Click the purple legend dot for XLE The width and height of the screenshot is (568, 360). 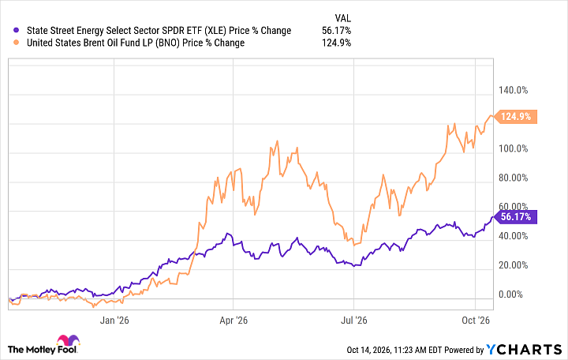pyautogui.click(x=16, y=31)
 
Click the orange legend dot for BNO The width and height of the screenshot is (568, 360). pyautogui.click(x=16, y=43)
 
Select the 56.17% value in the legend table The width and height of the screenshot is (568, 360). pyautogui.click(x=337, y=31)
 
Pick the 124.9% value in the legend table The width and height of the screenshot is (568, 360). pyautogui.click(x=337, y=43)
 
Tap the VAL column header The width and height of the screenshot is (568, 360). pyautogui.click(x=342, y=18)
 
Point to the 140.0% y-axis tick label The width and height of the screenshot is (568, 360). pyautogui.click(x=513, y=90)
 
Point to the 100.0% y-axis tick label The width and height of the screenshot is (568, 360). pyautogui.click(x=513, y=148)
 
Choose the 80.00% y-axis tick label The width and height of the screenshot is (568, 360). pyautogui.click(x=513, y=178)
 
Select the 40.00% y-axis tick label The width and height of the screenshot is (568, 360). pyautogui.click(x=513, y=236)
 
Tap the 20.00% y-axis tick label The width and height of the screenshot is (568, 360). pyautogui.click(x=513, y=265)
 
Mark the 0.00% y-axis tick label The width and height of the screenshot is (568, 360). pyautogui.click(x=510, y=294)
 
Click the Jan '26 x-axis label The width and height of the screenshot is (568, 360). pyautogui.click(x=114, y=320)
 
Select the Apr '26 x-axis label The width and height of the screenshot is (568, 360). pyautogui.click(x=234, y=320)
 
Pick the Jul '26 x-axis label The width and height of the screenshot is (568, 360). pyautogui.click(x=354, y=320)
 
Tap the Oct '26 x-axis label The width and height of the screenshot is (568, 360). pyautogui.click(x=476, y=320)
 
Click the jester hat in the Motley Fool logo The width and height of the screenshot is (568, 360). pyautogui.click(x=68, y=340)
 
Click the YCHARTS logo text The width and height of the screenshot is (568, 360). pyautogui.click(x=524, y=350)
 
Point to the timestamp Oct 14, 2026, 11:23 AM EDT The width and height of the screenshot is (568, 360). pyautogui.click(x=394, y=350)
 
